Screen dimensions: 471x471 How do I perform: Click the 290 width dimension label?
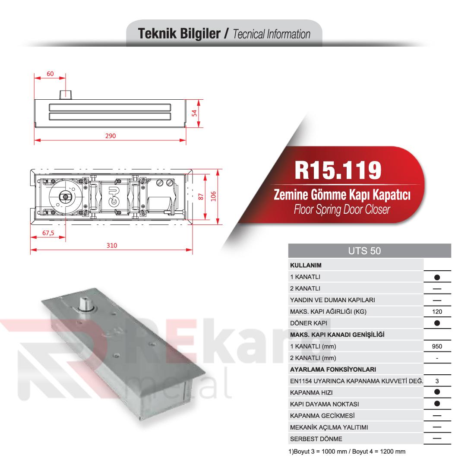click(111, 136)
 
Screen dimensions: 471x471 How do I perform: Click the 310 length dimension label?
click(111, 245)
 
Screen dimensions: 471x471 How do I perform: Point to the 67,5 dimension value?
click(48, 233)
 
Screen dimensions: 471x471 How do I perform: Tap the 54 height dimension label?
click(195, 114)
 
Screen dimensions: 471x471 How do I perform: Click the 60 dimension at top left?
click(50, 74)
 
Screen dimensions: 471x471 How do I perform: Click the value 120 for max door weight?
click(437, 311)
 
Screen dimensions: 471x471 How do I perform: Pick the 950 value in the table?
click(437, 346)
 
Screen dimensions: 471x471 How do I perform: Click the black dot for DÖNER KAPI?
click(437, 323)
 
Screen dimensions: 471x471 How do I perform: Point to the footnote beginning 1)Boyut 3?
click(347, 452)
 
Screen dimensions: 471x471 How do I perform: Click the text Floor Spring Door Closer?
click(341, 210)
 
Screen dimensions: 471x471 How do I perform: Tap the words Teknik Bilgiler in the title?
click(179, 34)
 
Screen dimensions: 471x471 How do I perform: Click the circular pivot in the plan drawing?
click(65, 197)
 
